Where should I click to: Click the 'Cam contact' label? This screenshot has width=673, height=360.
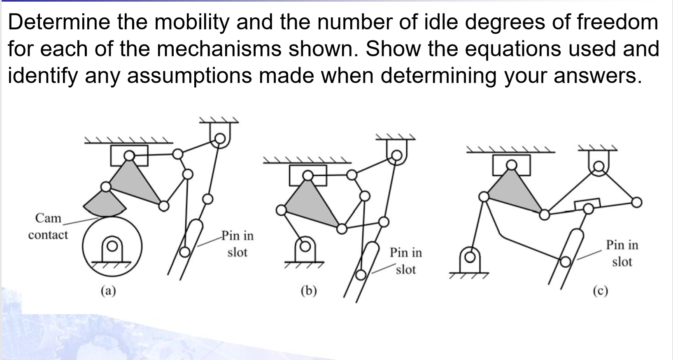point(48,226)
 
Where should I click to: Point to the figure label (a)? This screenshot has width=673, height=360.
point(108,291)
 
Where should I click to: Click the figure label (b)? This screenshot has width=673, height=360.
point(309,291)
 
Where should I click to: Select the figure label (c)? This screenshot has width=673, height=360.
point(601,291)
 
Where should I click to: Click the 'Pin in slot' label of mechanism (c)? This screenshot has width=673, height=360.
point(622,253)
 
